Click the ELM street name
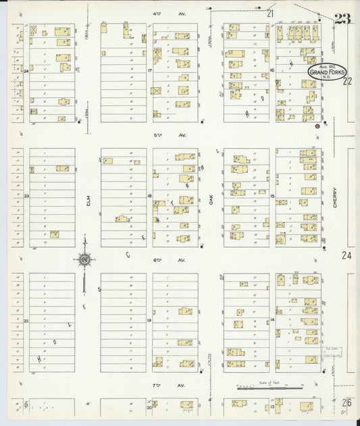88,201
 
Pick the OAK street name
211,201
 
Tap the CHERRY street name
334,201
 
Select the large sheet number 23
342,18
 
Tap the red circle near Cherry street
317,126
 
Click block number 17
150,70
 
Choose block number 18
150,196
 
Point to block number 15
272,196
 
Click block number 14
272,319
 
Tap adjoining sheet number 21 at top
270,13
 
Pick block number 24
26,70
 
